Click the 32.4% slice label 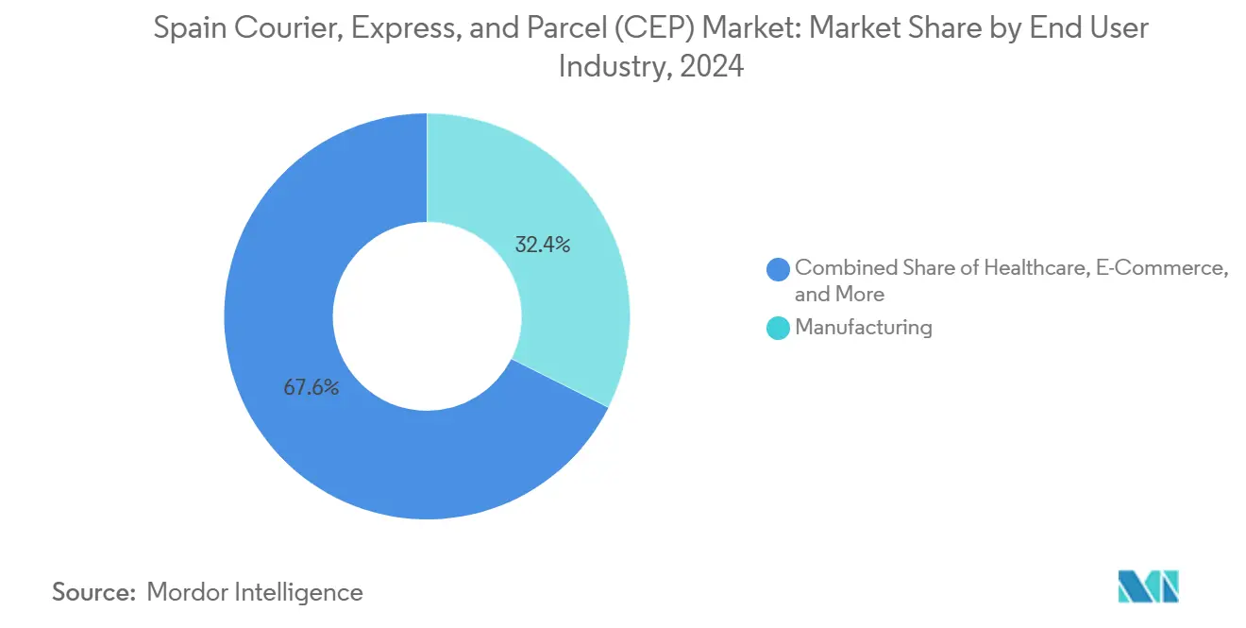point(542,246)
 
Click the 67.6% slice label point(311,387)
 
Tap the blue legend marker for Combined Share point(779,269)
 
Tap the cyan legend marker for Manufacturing point(779,329)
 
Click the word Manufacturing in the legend point(863,328)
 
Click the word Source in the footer point(93,592)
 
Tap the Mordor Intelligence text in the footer point(255,592)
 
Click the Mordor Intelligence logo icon point(1148,587)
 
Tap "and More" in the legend point(839,295)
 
